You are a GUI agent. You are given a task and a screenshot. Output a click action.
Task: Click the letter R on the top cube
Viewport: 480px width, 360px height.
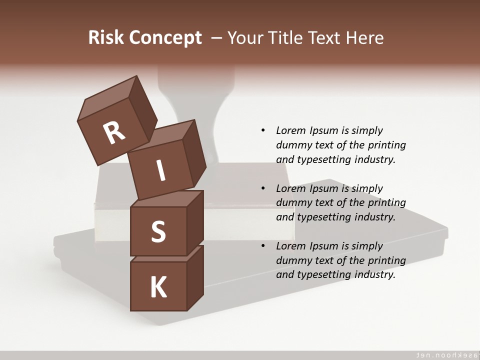[x=114, y=133]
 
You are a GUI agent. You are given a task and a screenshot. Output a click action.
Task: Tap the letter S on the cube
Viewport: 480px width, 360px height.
[x=158, y=231]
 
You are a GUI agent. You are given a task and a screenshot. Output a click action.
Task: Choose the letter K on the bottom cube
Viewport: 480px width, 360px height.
[x=158, y=287]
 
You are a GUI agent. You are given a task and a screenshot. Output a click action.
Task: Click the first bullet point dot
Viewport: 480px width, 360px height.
[x=263, y=131]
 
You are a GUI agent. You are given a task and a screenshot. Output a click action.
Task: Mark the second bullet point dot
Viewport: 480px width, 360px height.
[x=263, y=188]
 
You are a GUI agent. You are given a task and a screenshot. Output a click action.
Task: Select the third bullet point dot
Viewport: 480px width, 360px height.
[x=263, y=246]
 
